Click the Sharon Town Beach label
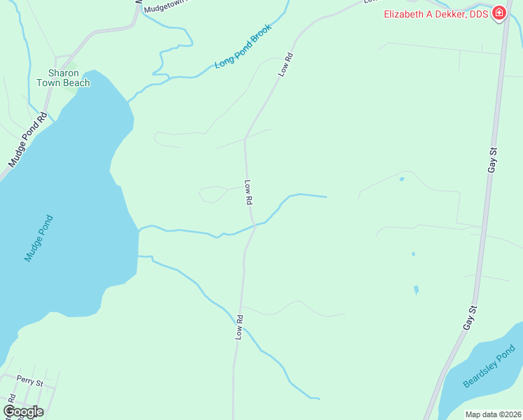pos(69,78)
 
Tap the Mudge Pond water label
pos(38,238)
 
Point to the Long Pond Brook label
pos(242,47)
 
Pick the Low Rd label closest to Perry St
pos(238,328)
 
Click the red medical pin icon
pos(499,13)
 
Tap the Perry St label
pos(30,384)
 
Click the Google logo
pos(23,412)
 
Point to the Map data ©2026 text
pos(493,414)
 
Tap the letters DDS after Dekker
pos(480,13)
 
